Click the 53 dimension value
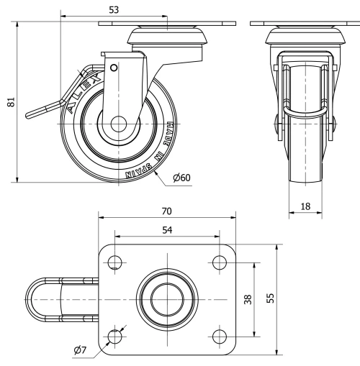click(x=113, y=9)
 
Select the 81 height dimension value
click(x=10, y=103)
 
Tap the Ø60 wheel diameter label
click(x=181, y=178)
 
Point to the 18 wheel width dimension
click(x=306, y=206)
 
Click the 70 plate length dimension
click(x=166, y=211)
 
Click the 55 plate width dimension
click(x=271, y=298)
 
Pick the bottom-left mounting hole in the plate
click(x=114, y=335)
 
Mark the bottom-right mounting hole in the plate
click(x=218, y=335)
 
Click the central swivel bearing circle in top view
click(x=166, y=298)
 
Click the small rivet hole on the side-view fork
click(x=113, y=68)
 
